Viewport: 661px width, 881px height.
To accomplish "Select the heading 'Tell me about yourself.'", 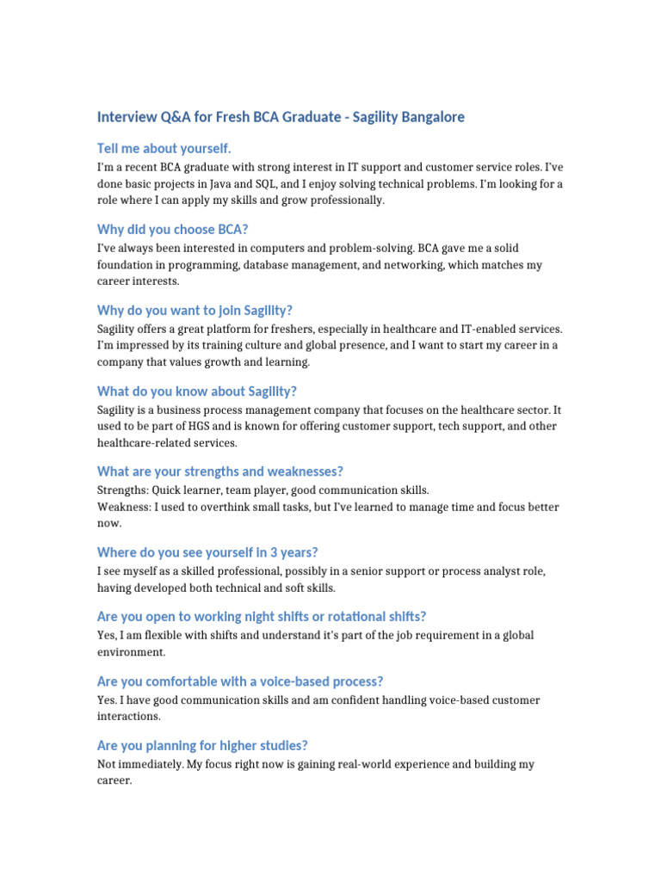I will pos(164,149).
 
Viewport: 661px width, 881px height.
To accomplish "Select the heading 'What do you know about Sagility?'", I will pos(197,391).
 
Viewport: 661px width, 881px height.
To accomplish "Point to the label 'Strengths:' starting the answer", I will pos(123,490).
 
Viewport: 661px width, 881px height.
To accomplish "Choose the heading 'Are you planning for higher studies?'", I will pos(202,746).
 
